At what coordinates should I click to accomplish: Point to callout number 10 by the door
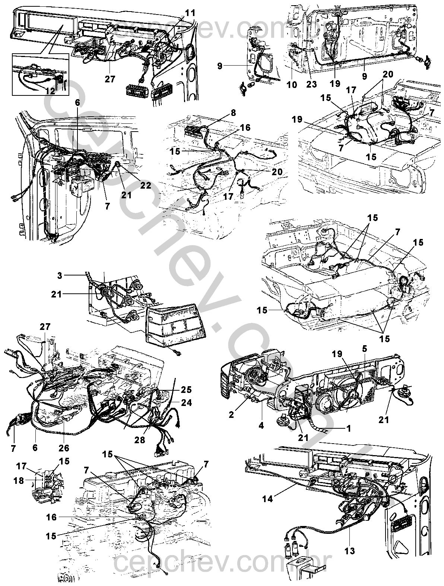coord(292,85)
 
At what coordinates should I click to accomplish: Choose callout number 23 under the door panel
coord(311,85)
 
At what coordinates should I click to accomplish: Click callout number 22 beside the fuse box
coord(145,185)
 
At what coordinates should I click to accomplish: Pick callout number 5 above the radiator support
coord(365,349)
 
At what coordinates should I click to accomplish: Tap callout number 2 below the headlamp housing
coord(232,414)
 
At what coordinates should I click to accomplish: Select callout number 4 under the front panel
coord(261,425)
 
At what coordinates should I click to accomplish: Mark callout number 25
coord(186,390)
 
